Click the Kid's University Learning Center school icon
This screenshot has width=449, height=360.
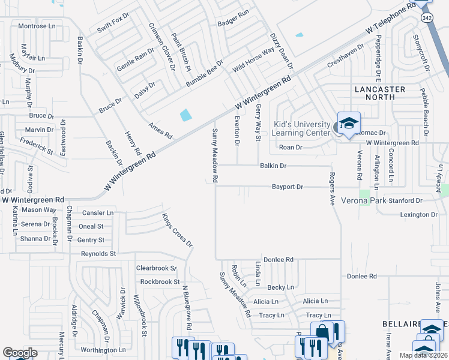tap(348, 123)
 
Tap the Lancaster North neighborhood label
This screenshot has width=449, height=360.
tap(380, 92)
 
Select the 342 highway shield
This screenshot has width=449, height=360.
tap(427, 19)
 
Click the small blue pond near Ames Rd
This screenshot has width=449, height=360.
tap(186, 114)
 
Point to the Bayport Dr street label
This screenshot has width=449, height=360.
tap(288, 187)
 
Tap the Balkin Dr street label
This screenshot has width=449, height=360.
tap(273, 165)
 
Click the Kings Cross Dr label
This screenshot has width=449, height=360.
tap(178, 230)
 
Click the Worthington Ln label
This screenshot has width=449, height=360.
tap(103, 350)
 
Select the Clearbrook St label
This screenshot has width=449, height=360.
tap(157, 268)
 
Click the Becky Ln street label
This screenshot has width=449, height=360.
tap(280, 287)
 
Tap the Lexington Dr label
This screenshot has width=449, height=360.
tap(418, 214)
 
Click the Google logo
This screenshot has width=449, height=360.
tap(20, 353)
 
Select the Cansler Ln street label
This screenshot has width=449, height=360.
tap(97, 213)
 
